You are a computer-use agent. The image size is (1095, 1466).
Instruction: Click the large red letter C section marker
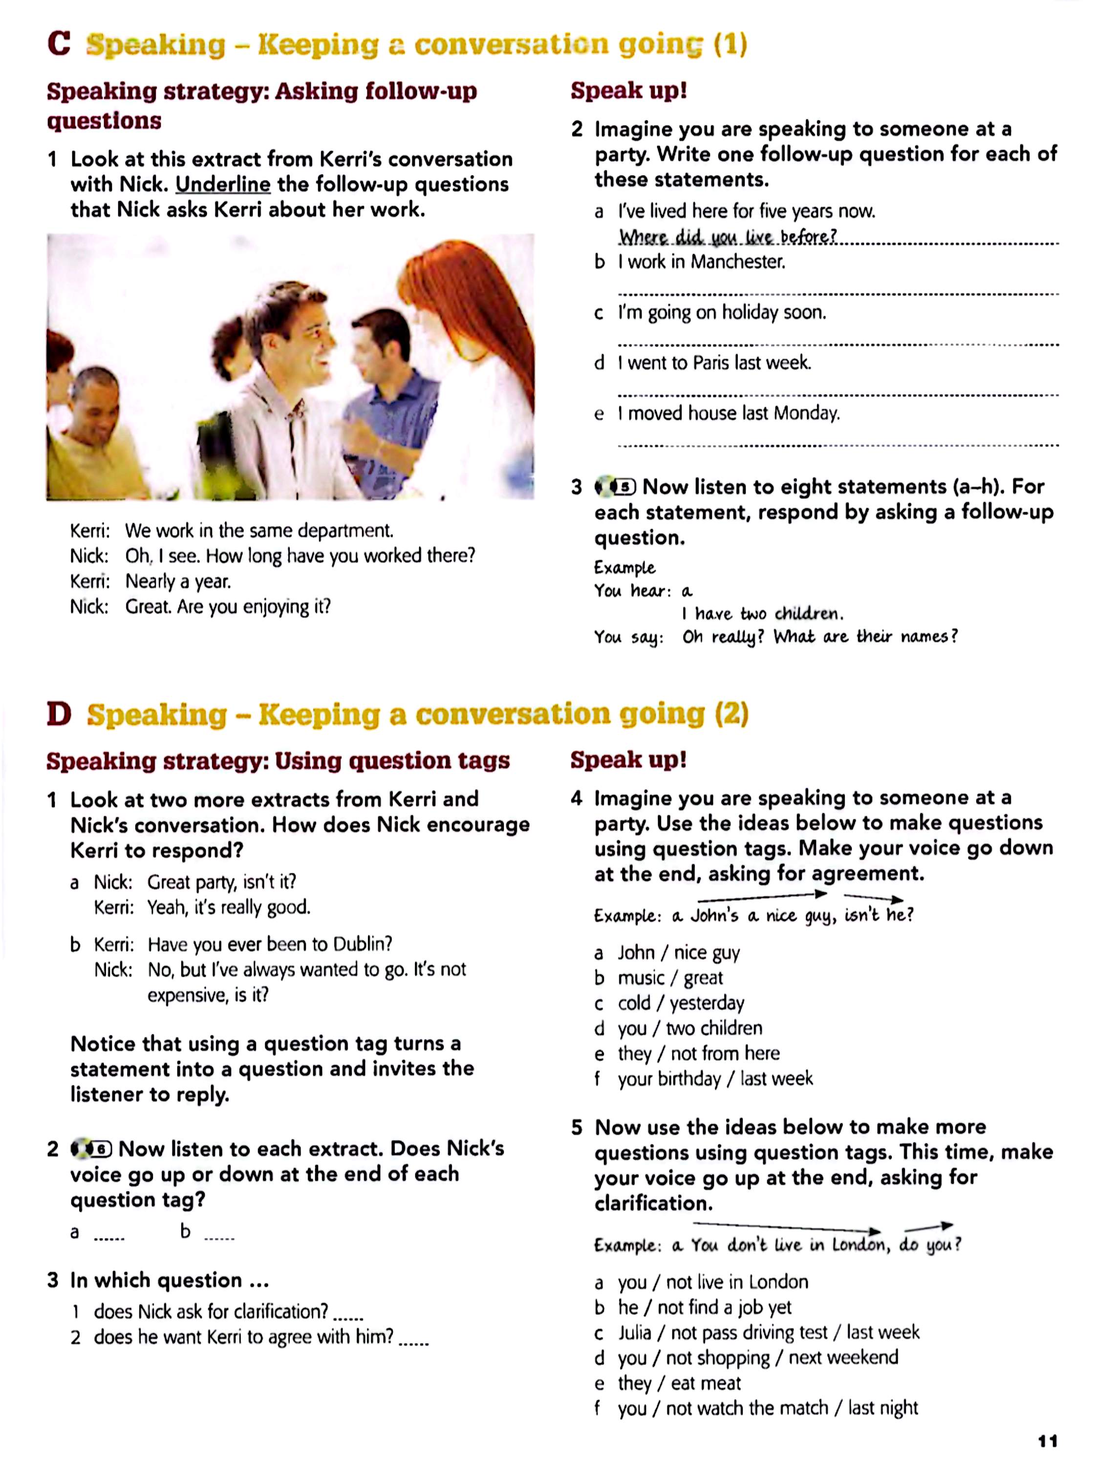point(59,44)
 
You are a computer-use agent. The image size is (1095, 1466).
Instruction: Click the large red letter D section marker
point(59,714)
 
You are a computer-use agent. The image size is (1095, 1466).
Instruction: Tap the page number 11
point(1047,1441)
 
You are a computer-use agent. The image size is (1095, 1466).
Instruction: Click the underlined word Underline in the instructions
point(223,184)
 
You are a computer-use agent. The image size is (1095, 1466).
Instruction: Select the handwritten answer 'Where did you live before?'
point(727,237)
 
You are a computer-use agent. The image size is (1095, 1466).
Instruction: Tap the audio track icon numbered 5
point(615,487)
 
